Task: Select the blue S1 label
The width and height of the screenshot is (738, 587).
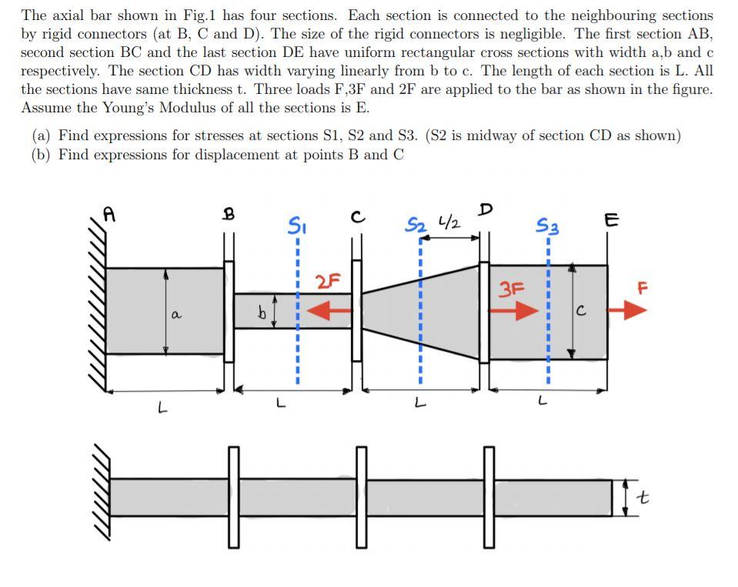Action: click(x=296, y=225)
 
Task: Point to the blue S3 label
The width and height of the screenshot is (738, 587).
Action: click(x=547, y=226)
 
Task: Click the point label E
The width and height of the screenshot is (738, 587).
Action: click(x=611, y=221)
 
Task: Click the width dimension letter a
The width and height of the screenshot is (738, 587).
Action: click(x=176, y=315)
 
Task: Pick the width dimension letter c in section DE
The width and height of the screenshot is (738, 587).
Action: click(x=581, y=311)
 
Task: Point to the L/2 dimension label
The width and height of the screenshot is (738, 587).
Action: click(x=449, y=224)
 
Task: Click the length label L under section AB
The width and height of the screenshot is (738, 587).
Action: click(x=162, y=408)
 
